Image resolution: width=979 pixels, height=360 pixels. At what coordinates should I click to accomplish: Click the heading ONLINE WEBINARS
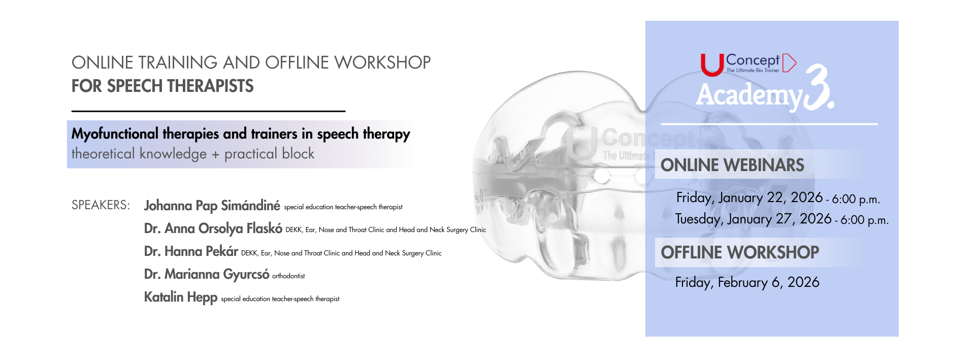(732, 165)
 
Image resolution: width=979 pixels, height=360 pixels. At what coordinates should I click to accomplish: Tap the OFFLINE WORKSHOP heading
(740, 252)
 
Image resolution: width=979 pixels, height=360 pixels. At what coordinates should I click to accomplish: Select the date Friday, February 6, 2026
(747, 282)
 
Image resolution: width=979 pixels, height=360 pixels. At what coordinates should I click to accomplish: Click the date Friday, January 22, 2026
(749, 198)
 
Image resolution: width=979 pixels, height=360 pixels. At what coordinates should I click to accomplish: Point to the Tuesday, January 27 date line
(782, 219)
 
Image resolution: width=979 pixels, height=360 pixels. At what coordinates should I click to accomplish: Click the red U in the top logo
(712, 65)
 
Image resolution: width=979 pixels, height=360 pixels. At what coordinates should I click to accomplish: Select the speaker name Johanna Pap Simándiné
(212, 206)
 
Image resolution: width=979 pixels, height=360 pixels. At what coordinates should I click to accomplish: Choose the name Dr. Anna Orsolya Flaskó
(213, 228)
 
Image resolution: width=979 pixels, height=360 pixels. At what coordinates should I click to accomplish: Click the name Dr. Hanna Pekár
(191, 251)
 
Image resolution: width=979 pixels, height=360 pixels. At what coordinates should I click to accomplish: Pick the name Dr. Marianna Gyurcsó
(207, 274)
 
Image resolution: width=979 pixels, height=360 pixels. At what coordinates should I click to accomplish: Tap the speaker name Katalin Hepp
(181, 297)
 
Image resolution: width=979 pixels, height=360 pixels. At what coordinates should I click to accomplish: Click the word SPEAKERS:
(101, 205)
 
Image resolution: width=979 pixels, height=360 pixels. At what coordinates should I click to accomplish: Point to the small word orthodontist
(288, 276)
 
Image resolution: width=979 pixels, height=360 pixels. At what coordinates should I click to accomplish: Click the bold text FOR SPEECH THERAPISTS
(162, 86)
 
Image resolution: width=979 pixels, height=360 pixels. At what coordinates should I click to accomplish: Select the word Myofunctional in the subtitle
(115, 134)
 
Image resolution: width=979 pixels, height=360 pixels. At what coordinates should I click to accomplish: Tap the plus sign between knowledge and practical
(215, 155)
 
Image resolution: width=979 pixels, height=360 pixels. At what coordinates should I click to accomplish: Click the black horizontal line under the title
(208, 111)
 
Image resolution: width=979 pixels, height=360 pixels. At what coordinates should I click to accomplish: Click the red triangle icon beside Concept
(789, 63)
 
